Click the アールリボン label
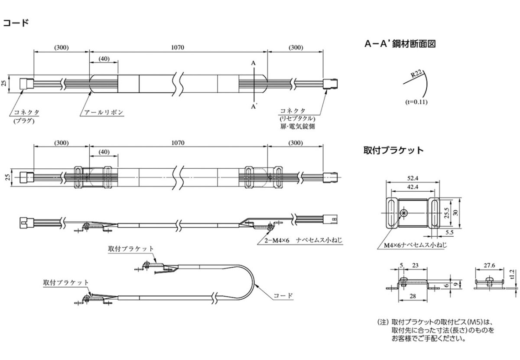click(103, 112)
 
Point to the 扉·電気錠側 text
click(297, 127)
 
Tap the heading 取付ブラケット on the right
click(393, 151)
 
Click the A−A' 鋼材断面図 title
click(400, 44)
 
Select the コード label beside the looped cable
click(284, 296)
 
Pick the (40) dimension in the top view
click(104, 59)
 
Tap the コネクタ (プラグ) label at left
click(26, 115)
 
